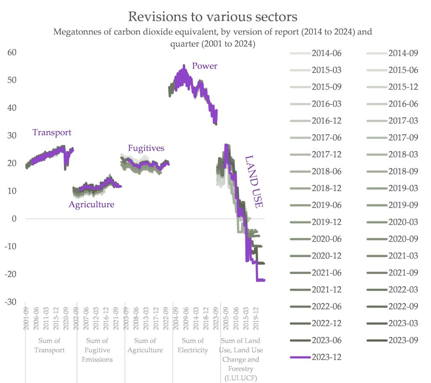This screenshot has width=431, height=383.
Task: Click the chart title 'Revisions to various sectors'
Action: click(213, 16)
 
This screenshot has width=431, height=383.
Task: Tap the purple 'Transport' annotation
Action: click(52, 132)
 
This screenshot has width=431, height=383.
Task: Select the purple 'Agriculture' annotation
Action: click(91, 205)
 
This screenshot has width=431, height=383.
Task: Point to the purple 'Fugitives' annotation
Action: click(146, 148)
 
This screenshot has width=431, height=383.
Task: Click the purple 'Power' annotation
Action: click(205, 66)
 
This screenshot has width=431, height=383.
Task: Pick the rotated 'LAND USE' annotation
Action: click(254, 181)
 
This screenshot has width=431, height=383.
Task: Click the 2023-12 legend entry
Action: click(327, 357)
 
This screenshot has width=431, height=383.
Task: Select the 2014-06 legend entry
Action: click(327, 53)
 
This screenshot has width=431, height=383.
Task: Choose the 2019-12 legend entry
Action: click(327, 222)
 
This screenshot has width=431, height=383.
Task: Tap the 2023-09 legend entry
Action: click(403, 340)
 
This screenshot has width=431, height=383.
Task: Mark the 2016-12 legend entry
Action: click(327, 121)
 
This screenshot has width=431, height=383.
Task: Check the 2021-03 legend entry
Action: click(403, 255)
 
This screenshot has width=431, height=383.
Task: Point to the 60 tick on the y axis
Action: click(11, 52)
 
